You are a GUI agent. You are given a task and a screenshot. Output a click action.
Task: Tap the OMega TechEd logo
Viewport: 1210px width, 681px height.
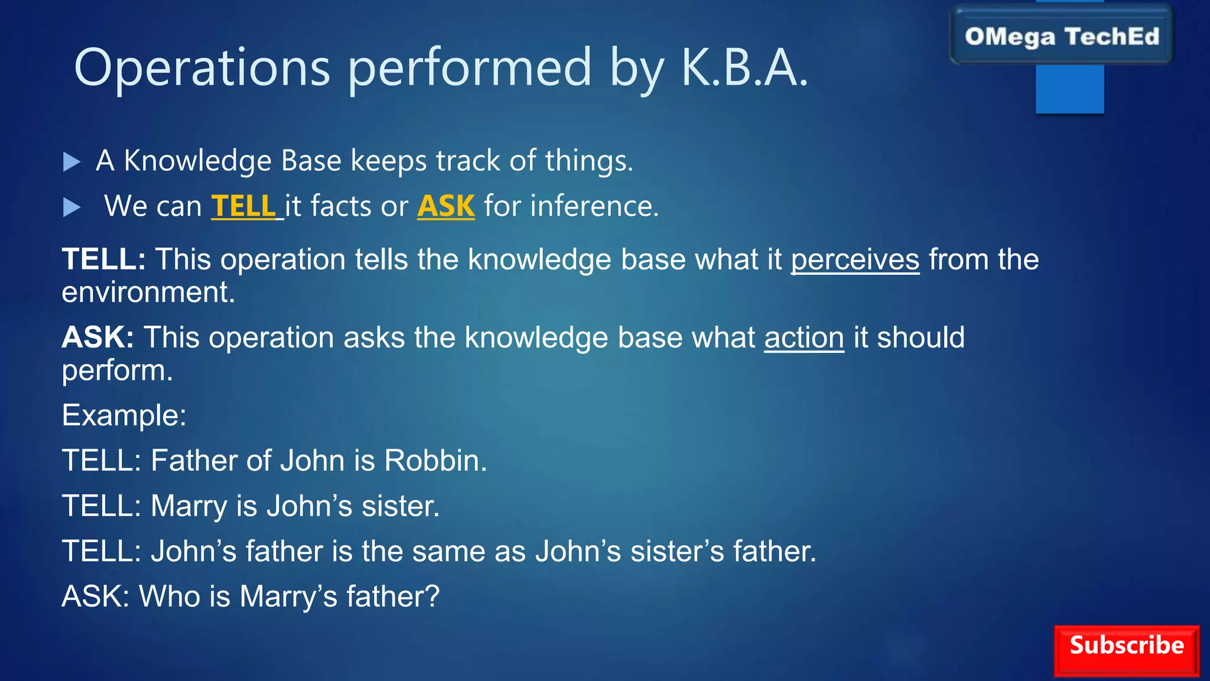[1061, 37]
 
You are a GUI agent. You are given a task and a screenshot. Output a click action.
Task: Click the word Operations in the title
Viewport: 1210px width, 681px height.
[201, 68]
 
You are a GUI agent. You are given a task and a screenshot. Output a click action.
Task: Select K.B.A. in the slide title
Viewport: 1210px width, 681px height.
[744, 68]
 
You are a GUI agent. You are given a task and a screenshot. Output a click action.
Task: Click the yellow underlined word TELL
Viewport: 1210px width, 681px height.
[243, 206]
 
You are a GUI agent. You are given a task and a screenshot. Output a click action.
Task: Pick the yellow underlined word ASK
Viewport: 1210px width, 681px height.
[445, 206]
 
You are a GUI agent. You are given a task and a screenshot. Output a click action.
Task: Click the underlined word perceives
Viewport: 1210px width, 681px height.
[855, 260]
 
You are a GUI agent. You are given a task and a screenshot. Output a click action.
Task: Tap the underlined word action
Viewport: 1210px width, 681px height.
[804, 338]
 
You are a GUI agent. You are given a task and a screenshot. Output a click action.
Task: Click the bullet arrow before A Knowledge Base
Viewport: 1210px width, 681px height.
[71, 161]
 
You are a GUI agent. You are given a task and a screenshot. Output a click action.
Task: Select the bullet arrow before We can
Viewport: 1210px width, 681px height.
[71, 207]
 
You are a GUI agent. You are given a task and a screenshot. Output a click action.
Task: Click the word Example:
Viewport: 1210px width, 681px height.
[124, 415]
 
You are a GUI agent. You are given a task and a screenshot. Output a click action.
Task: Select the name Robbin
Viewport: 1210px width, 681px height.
[435, 461]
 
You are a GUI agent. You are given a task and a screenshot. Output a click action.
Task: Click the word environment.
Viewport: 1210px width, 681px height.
[148, 293]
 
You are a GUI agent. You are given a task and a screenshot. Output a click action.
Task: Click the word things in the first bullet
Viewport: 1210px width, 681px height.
[588, 161]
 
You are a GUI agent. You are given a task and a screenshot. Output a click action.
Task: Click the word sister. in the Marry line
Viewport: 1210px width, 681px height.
[400, 506]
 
